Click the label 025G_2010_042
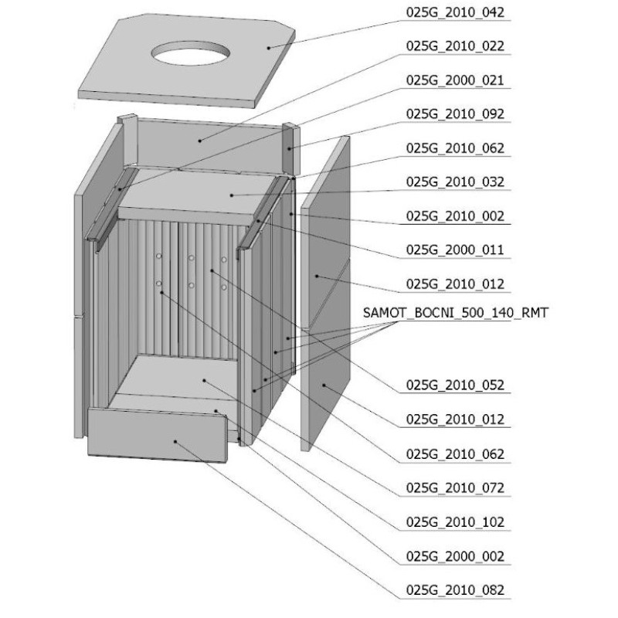pos(455,12)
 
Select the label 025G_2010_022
pos(455,46)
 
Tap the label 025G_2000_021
pos(455,80)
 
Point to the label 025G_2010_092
pos(455,114)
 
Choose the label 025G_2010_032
pos(455,182)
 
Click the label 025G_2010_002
pos(455,216)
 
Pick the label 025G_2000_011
pos(455,250)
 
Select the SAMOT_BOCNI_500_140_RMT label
pos(455,313)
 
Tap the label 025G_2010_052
pos(455,385)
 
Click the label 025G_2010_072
pos(455,488)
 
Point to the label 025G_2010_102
pos(455,522)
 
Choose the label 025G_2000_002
pos(455,556)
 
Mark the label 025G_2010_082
pos(455,590)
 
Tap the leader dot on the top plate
pos(268,48)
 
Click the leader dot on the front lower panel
pos(175,441)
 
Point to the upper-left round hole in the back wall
pos(158,256)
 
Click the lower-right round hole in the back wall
pos(224,287)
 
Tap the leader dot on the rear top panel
pos(200,141)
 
